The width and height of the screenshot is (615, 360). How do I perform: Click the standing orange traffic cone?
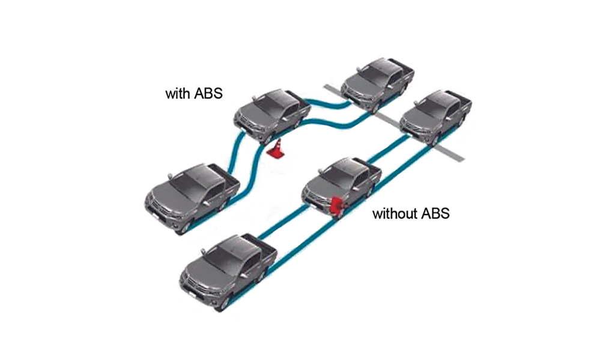point(276,150)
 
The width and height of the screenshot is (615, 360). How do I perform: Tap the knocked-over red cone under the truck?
point(338,205)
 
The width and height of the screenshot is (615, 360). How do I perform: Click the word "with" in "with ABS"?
point(177,94)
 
